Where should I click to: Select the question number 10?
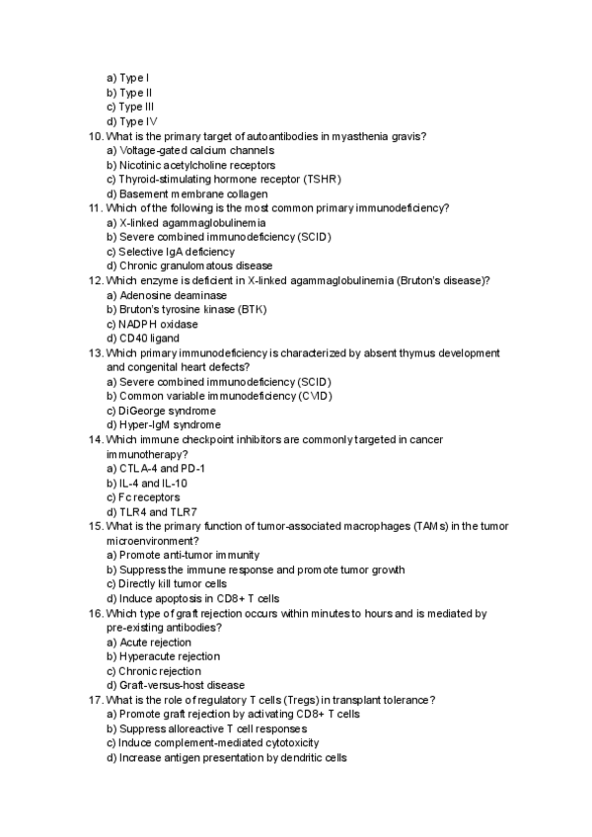(95, 135)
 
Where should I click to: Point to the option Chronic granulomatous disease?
(182, 266)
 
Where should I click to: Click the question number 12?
(95, 280)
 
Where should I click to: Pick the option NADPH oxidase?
(152, 324)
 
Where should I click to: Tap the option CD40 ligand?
(142, 339)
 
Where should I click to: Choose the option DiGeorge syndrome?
(163, 411)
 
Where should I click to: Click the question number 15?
(95, 526)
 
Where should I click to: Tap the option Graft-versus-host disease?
(176, 685)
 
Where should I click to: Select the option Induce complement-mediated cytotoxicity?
(212, 743)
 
